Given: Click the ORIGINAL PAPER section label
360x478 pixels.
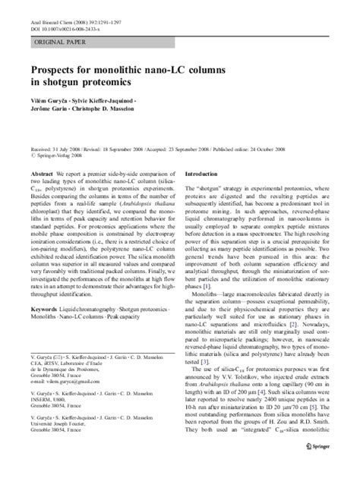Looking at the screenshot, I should pyautogui.click(x=58, y=42).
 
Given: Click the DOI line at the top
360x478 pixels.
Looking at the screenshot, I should pyautogui.click(x=66, y=24).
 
